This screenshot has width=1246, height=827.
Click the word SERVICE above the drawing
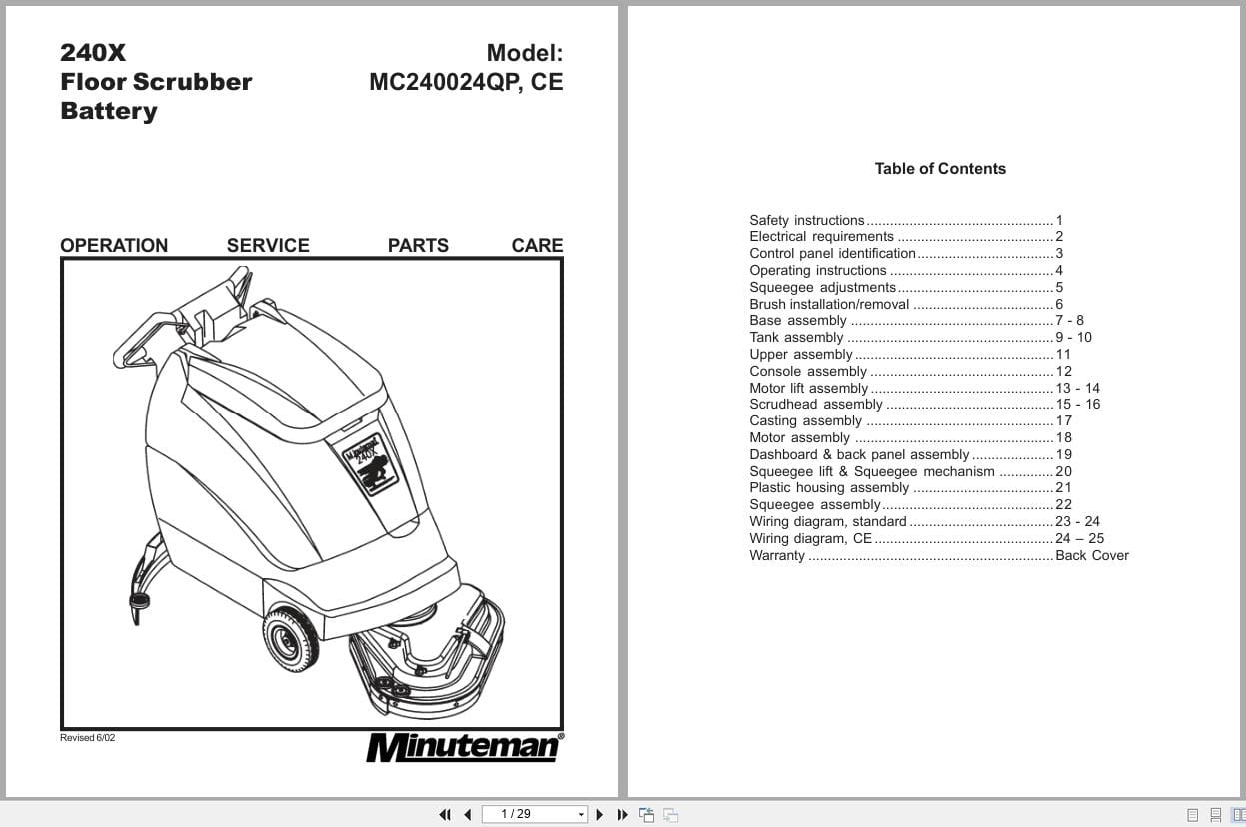[x=268, y=245]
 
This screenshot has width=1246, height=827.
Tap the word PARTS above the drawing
[x=418, y=245]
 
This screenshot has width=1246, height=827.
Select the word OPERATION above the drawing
[x=114, y=245]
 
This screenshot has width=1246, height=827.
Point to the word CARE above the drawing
[x=537, y=245]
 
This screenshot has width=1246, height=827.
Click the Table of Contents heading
[x=940, y=169]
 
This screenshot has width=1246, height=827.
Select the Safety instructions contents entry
[x=807, y=220]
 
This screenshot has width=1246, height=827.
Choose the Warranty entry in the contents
[x=777, y=555]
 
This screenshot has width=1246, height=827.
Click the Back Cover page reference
[x=1092, y=555]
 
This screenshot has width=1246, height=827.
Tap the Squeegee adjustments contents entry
[x=823, y=287]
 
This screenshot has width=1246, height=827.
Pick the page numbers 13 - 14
[x=1077, y=388]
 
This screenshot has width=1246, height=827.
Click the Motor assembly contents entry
[x=800, y=437]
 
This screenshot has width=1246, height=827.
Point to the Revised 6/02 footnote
[x=88, y=738]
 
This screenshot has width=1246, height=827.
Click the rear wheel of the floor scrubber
[x=291, y=637]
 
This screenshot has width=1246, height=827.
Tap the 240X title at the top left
[x=93, y=53]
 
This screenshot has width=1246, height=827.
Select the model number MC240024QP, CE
[x=466, y=82]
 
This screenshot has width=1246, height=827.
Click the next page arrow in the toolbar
[x=600, y=814]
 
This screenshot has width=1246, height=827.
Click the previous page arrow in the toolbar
[x=467, y=814]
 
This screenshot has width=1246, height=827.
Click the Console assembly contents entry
[x=808, y=371]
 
